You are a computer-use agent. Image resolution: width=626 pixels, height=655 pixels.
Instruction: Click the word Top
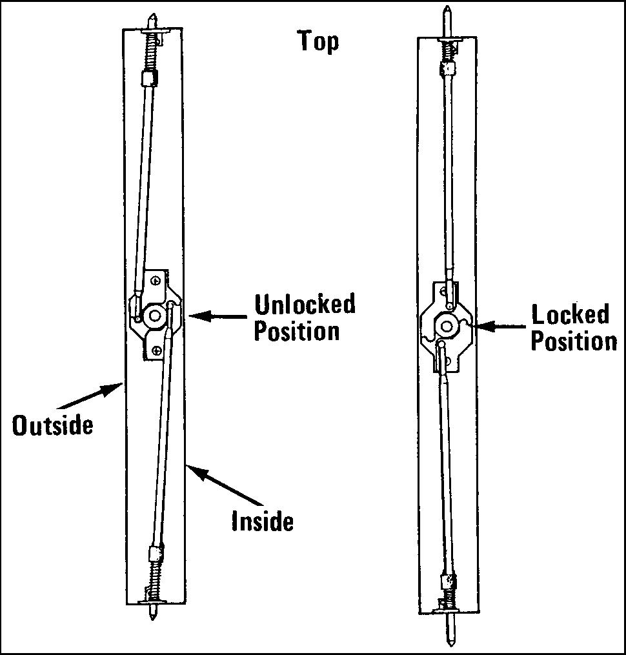[318, 41]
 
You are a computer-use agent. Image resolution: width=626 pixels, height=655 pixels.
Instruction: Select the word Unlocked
[305, 304]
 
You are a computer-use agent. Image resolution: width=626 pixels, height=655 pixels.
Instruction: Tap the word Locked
[570, 315]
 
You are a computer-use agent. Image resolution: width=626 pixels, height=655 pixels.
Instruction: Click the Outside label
[52, 425]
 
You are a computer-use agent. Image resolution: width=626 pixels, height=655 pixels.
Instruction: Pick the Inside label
[262, 521]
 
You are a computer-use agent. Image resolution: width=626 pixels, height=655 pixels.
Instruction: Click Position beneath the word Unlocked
[296, 331]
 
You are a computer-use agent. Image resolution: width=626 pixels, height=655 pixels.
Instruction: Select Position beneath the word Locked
[574, 341]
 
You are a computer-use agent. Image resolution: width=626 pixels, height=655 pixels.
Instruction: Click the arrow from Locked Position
[497, 327]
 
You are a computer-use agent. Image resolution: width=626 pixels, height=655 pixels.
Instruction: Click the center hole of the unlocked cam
[154, 315]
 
